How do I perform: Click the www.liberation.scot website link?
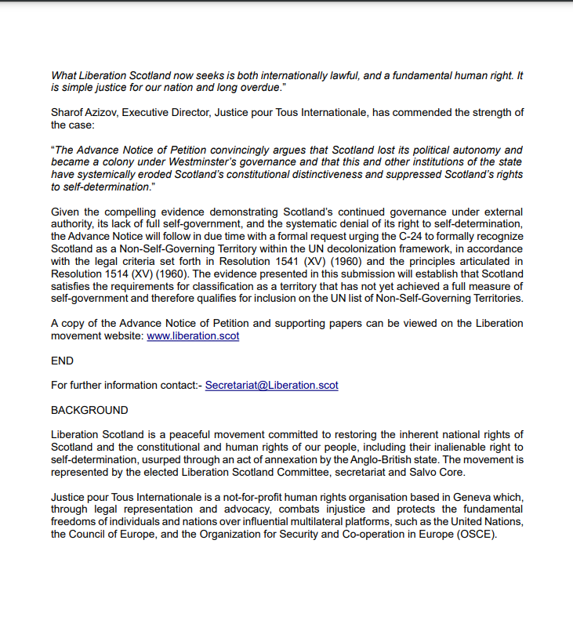pyautogui.click(x=193, y=335)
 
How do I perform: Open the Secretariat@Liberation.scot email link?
pyautogui.click(x=271, y=386)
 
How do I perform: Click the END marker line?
pyautogui.click(x=62, y=361)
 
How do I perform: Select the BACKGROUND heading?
pyautogui.click(x=89, y=410)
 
